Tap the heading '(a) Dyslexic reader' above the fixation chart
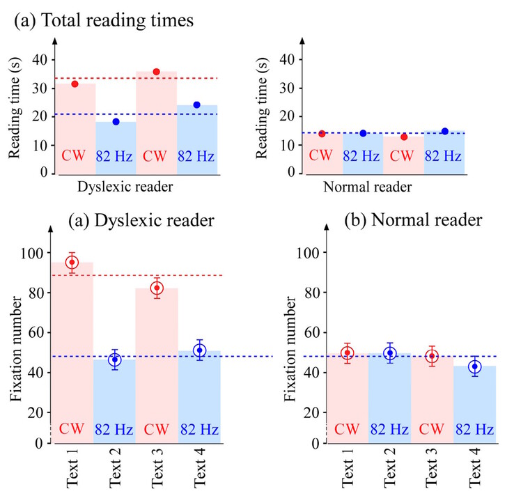pos(141,221)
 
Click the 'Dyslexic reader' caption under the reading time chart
pos(125,187)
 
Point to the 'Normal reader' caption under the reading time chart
pos(368,187)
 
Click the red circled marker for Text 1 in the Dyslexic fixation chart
pos(72,263)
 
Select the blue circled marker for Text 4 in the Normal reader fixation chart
pos(475,366)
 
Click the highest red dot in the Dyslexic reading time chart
pos(157,72)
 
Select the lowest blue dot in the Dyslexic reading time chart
pos(116,122)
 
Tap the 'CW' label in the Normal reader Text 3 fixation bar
pos(433,428)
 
